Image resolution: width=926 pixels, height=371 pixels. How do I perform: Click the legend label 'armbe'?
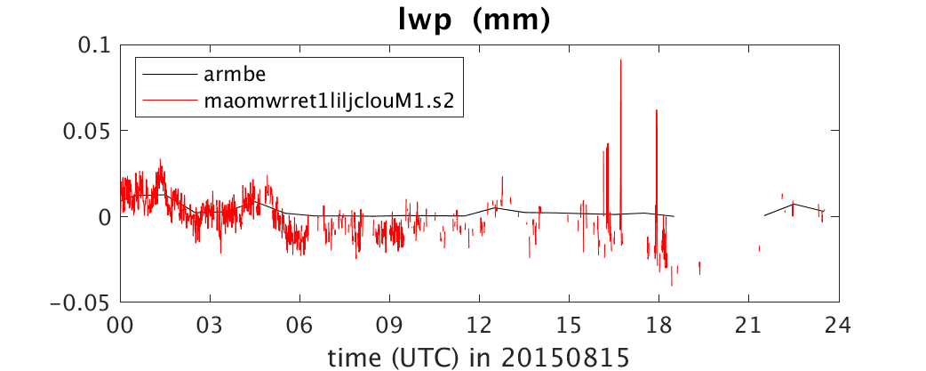[x=228, y=75]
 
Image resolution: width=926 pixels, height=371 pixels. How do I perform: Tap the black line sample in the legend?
[x=170, y=75]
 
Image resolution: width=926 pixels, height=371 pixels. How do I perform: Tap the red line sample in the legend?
[x=170, y=101]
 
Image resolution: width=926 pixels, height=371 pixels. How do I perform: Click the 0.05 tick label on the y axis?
[x=87, y=131]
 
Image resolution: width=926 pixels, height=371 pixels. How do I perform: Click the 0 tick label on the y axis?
[x=104, y=217]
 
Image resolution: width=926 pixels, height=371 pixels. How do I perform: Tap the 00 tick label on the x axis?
[x=121, y=325]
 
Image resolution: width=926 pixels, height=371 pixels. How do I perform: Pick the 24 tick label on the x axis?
[x=838, y=325]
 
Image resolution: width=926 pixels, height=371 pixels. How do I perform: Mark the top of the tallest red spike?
[x=620, y=60]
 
